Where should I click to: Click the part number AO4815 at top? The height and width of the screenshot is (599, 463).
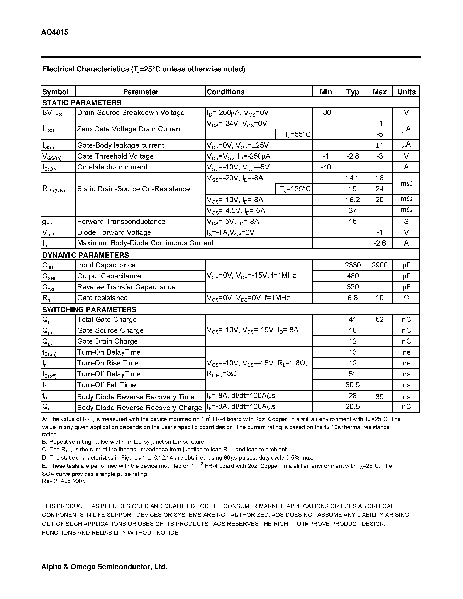click(x=55, y=32)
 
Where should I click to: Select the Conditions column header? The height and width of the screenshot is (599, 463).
click(x=226, y=92)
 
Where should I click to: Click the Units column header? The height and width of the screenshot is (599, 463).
click(x=406, y=92)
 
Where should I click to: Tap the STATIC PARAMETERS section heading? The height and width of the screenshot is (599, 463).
click(x=82, y=103)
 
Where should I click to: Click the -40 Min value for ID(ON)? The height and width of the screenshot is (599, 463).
click(x=325, y=167)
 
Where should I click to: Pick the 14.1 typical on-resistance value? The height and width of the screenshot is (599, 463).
click(x=353, y=178)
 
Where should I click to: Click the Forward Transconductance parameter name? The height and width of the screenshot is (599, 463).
click(x=121, y=222)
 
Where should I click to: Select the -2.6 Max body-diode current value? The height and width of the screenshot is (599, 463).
click(x=379, y=243)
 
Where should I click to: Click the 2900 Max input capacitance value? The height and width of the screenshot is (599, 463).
click(x=379, y=265)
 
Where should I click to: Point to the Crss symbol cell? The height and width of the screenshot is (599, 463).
click(x=49, y=287)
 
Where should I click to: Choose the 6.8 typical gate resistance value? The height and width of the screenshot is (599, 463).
click(x=353, y=298)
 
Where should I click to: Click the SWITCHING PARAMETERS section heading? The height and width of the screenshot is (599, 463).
click(x=89, y=310)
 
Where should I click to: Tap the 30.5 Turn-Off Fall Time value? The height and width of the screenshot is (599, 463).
click(x=353, y=385)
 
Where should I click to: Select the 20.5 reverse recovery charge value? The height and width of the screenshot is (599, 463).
click(x=353, y=406)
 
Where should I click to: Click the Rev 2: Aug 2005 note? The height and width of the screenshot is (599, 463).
click(x=64, y=481)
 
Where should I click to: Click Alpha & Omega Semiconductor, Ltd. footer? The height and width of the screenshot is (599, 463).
click(x=104, y=567)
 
